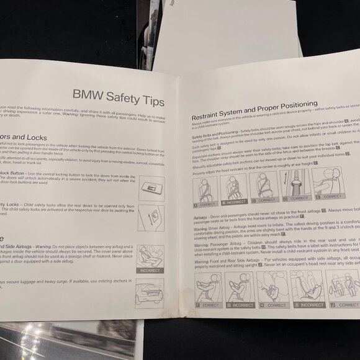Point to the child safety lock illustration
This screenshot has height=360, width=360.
pyautogui.click(x=151, y=217)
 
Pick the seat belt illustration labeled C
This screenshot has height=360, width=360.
pyautogui.click(x=264, y=184)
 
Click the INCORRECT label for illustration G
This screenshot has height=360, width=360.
pyautogui.click(x=240, y=305)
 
